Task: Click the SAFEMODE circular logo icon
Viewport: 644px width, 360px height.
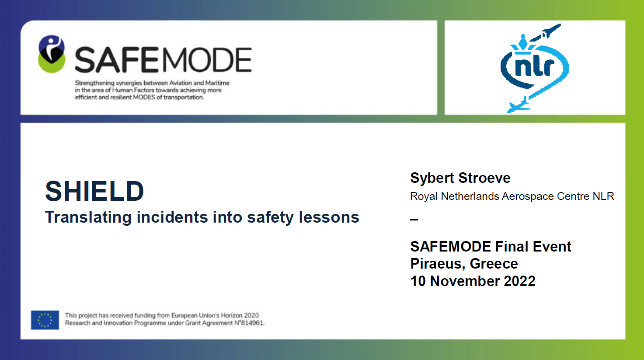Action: pyautogui.click(x=52, y=54)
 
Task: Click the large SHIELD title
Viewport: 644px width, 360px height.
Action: pyautogui.click(x=94, y=191)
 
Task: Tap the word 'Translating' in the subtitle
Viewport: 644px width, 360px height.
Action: pyautogui.click(x=88, y=217)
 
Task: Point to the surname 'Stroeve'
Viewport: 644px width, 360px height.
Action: pyautogui.click(x=484, y=178)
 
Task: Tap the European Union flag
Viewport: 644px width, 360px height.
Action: pyautogui.click(x=45, y=320)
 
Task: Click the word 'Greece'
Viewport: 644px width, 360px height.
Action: pyautogui.click(x=494, y=264)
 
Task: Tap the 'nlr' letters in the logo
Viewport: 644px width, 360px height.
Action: pyautogui.click(x=534, y=67)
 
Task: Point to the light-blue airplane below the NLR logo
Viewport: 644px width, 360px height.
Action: pyautogui.click(x=519, y=105)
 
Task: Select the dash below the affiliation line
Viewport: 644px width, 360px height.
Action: pyautogui.click(x=414, y=220)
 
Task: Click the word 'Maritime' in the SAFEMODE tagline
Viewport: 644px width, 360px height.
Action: pyautogui.click(x=217, y=83)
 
